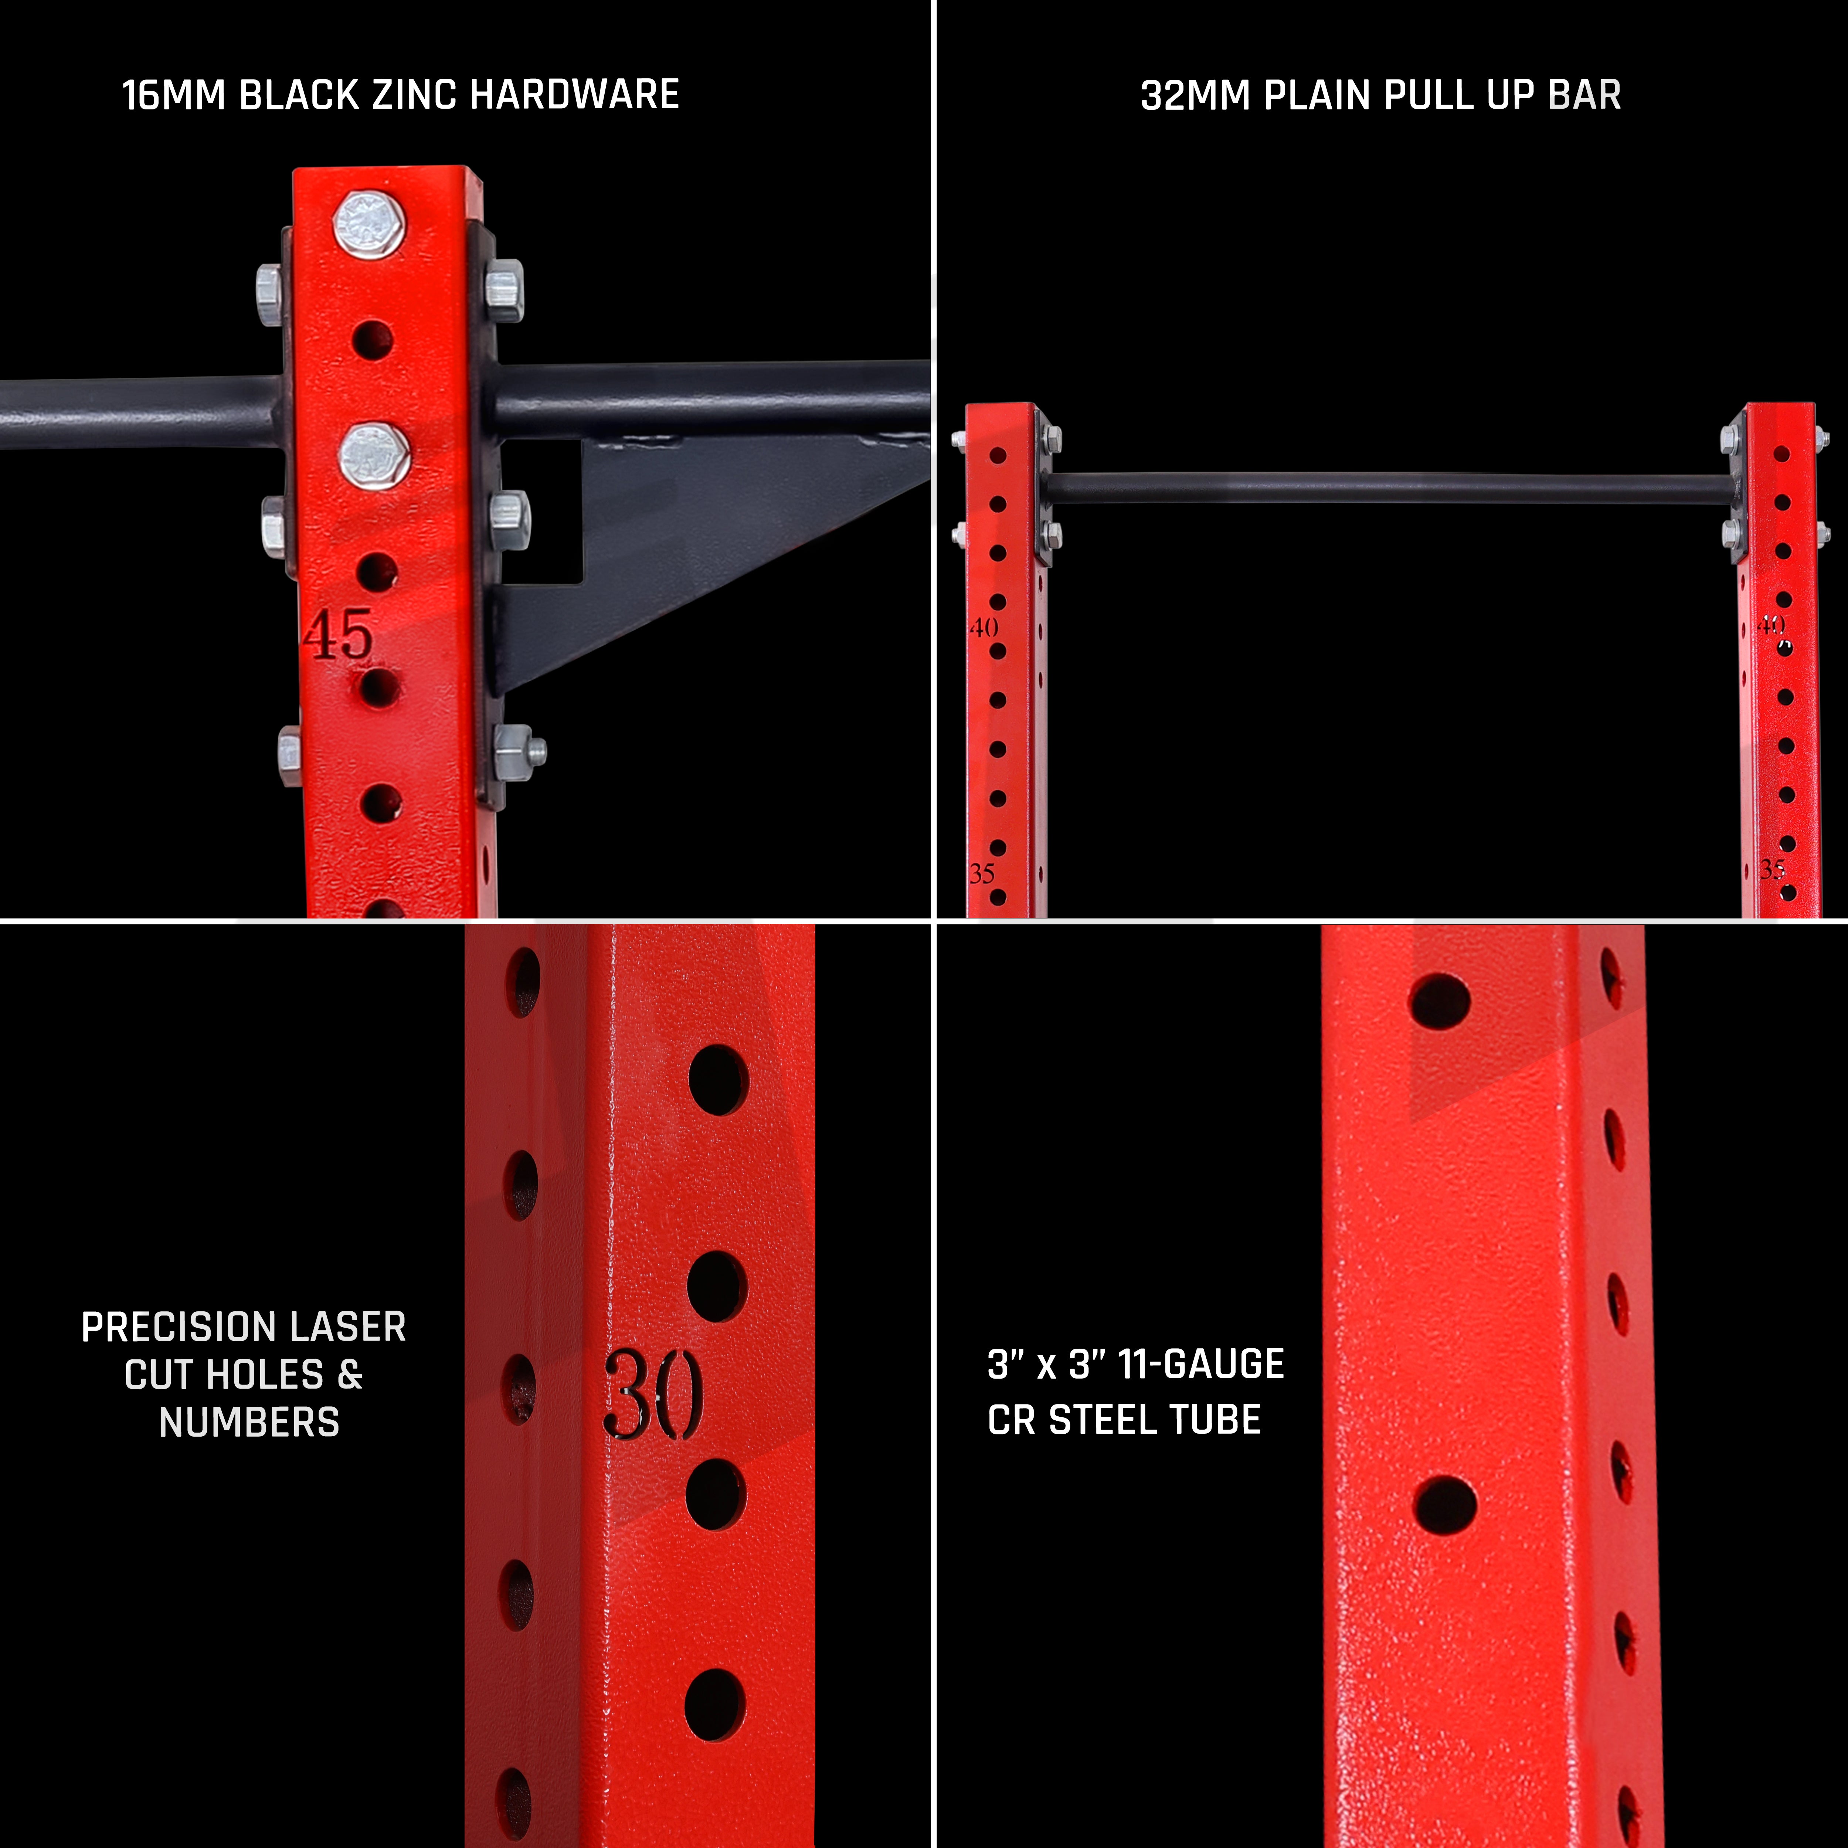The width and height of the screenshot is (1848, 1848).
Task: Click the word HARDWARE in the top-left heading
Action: (x=575, y=96)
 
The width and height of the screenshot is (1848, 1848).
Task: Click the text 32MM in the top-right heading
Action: (x=1196, y=96)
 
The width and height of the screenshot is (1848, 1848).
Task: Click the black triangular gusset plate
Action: (x=689, y=555)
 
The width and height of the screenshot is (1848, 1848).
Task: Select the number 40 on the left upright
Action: (x=984, y=628)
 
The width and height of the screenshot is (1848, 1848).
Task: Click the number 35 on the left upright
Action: (x=982, y=873)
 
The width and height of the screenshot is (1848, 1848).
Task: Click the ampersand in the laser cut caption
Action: (x=350, y=1375)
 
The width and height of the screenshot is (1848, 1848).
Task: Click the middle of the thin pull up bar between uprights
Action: (x=1389, y=488)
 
